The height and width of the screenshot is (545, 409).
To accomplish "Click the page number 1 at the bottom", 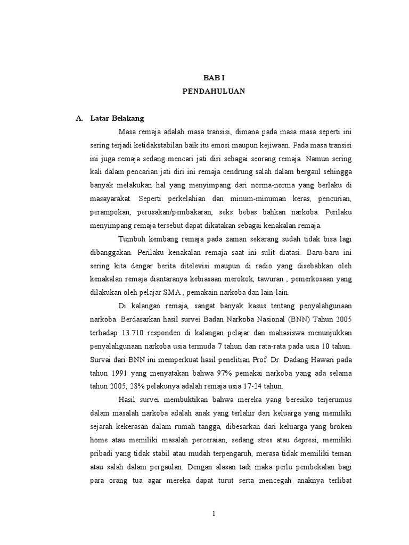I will (x=214, y=514).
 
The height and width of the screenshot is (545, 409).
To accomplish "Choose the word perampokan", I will (x=107, y=211).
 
